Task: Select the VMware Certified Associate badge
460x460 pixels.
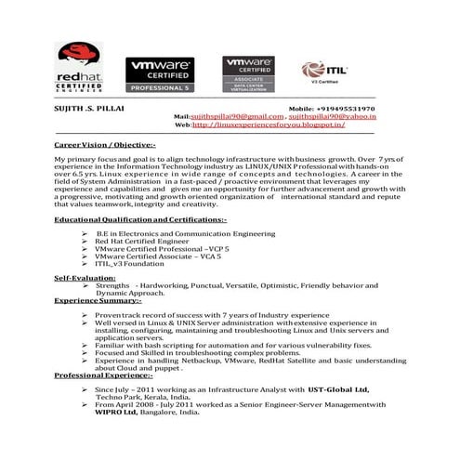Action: pos(249,72)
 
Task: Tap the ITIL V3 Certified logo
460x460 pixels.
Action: pos(322,72)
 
